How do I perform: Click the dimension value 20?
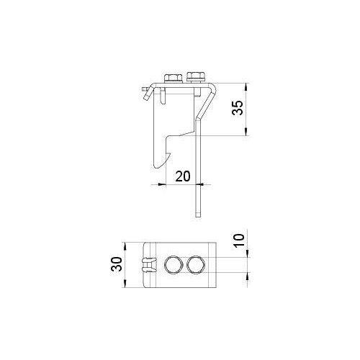tap(183, 176)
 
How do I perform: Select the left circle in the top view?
tap(173, 266)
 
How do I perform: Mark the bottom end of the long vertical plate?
tap(197, 216)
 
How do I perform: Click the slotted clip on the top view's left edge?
tap(148, 265)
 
